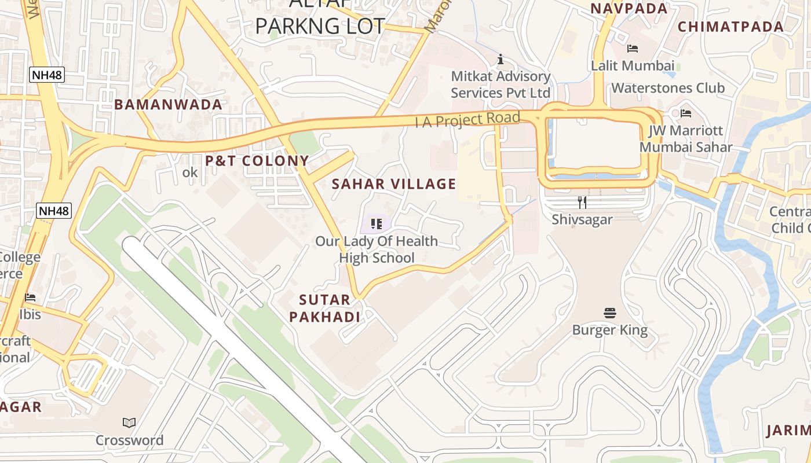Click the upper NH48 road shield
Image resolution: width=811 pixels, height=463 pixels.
47,75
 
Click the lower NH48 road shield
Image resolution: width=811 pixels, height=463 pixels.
54,211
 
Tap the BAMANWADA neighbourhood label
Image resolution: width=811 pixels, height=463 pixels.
168,105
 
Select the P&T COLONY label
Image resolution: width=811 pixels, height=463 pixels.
257,161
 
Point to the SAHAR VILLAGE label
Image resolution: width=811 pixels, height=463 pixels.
394,184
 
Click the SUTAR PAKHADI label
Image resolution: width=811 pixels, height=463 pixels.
324,308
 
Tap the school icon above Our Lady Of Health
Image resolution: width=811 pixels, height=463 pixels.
377,223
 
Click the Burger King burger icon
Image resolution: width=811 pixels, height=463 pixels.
609,313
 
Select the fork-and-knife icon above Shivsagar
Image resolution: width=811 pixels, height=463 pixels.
582,202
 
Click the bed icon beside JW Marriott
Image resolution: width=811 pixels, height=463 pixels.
686,113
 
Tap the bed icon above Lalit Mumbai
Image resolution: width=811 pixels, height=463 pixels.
633,49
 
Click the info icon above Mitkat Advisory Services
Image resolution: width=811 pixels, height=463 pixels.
501,59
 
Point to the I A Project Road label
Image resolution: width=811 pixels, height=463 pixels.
467,120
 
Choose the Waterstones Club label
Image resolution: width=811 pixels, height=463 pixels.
668,88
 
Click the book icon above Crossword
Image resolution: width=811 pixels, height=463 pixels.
129,423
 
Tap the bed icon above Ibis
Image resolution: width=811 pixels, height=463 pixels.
30,297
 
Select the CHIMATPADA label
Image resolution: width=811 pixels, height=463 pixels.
730,27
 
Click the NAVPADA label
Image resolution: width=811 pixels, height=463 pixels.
629,9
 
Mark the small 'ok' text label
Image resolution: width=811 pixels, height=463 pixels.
190,172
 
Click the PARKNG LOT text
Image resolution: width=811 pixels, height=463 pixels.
320,26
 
